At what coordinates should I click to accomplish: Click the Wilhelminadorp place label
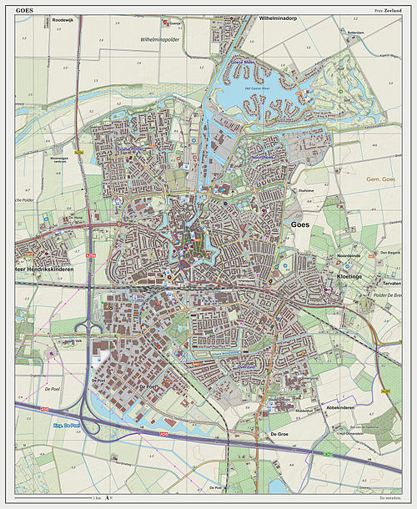click(x=284, y=18)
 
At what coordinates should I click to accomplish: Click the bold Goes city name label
click(x=302, y=225)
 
